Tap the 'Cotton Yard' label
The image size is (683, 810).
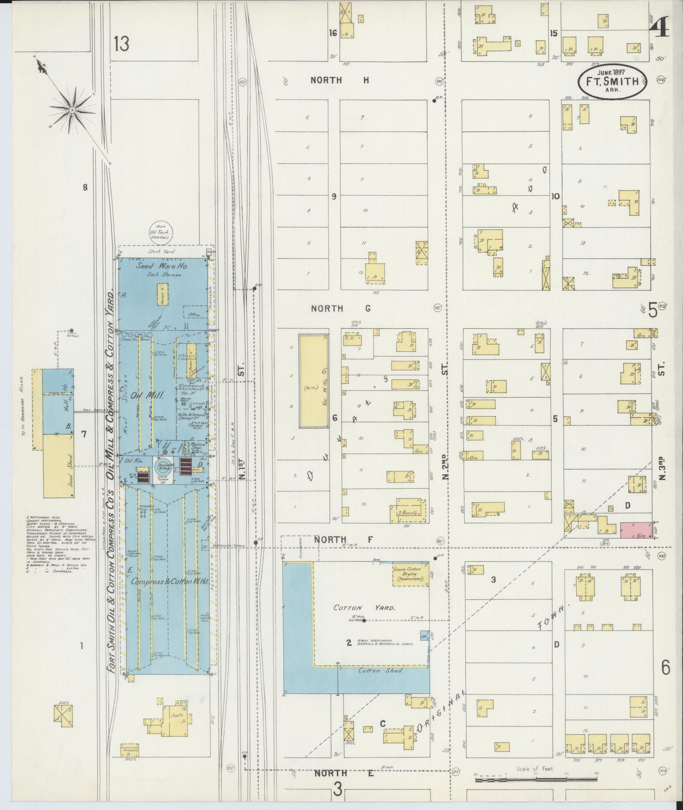[x=364, y=607]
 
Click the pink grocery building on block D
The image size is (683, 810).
[x=636, y=530]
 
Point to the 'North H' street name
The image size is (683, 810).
[x=340, y=80]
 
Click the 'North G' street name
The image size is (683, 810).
[x=340, y=309]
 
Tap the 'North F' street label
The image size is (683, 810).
[x=343, y=539]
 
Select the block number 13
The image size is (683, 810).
[x=121, y=44]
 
